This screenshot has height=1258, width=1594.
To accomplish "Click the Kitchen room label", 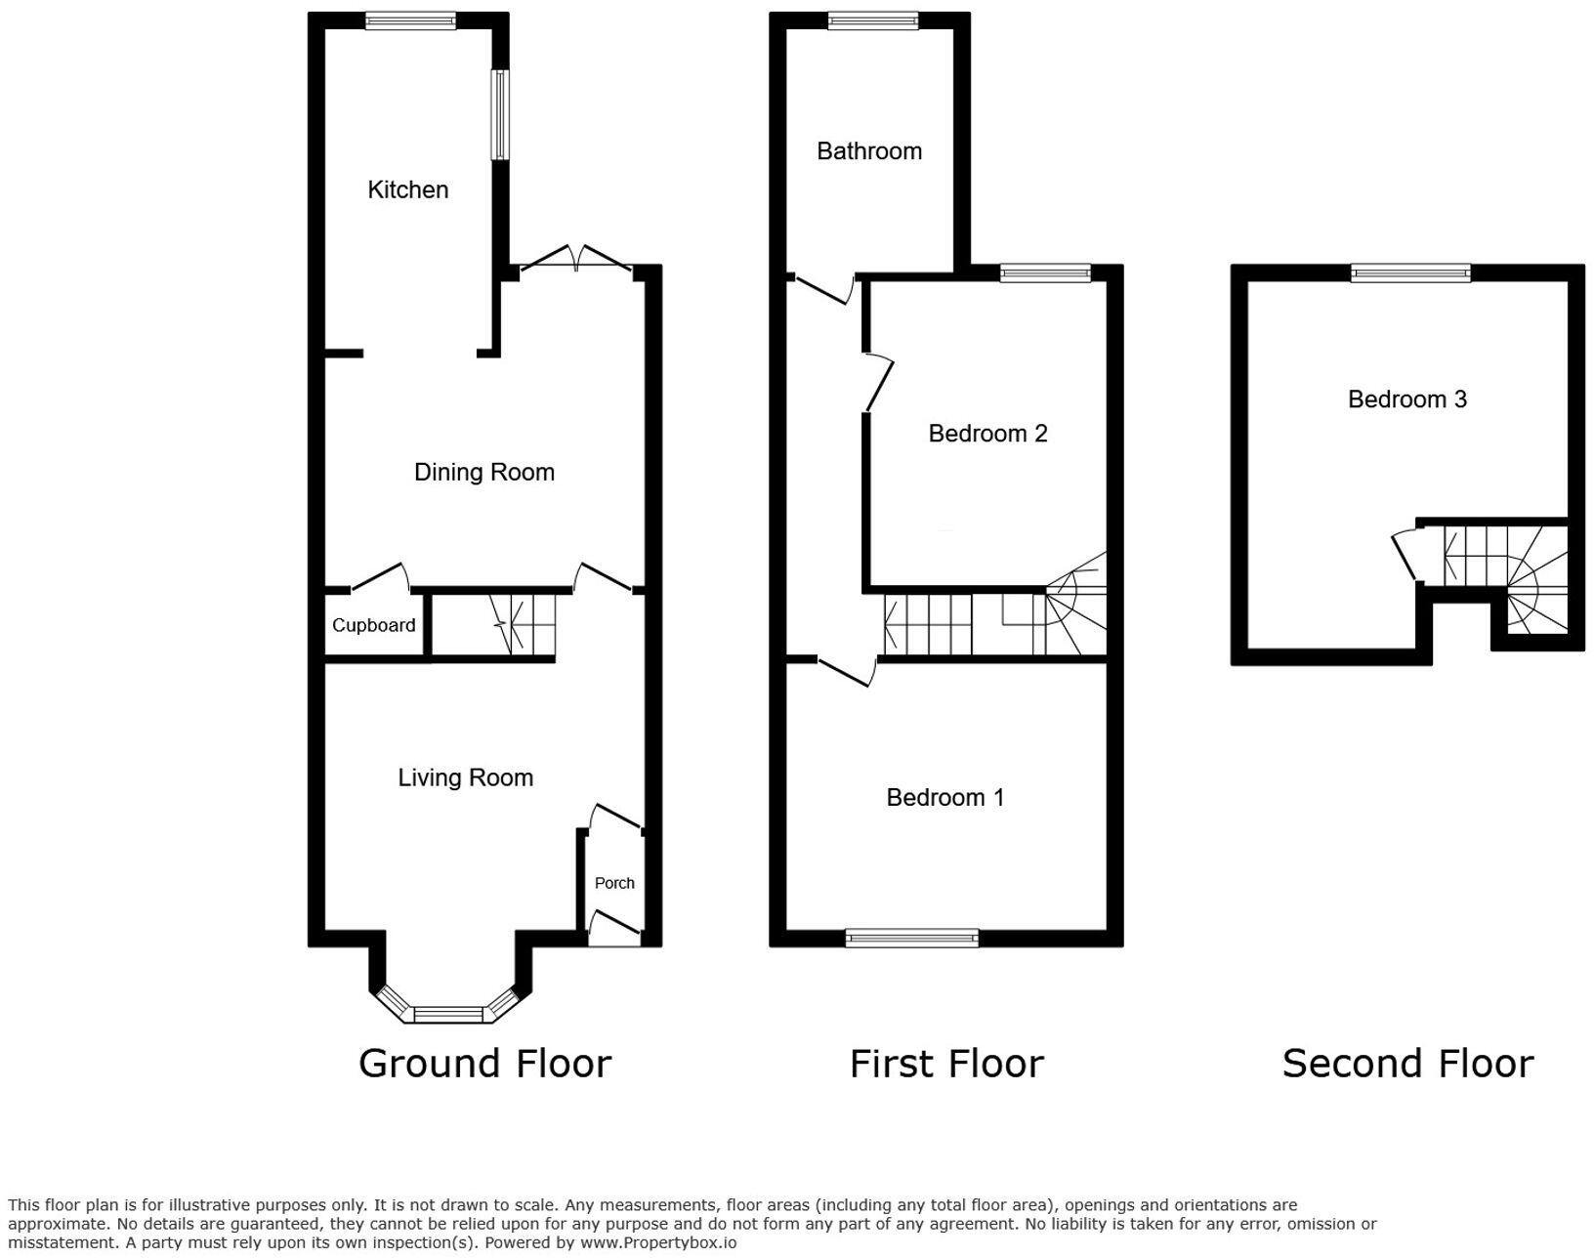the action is [407, 189].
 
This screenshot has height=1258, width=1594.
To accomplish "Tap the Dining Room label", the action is [483, 472].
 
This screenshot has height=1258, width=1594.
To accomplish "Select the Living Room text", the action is [465, 777].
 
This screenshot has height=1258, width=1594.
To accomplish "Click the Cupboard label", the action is [373, 625].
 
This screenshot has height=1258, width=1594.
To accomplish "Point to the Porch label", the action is [614, 883].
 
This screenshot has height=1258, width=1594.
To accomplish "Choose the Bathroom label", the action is [869, 151].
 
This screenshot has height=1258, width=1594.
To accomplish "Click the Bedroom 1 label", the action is [945, 797].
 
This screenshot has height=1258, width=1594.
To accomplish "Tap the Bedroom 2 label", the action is [987, 434].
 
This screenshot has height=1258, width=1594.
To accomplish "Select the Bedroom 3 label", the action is [1406, 399].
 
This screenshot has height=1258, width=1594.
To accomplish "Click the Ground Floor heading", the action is [485, 1064].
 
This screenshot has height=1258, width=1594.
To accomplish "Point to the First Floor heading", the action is [946, 1064].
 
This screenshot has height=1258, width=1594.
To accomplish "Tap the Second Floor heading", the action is [1407, 1064].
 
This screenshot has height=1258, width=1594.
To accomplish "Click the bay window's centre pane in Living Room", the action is [449, 1014].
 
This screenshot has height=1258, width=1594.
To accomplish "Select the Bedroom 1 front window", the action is [912, 939].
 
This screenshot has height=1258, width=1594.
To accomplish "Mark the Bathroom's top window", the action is [873, 21].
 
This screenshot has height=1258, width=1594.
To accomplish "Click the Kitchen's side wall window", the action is [501, 115].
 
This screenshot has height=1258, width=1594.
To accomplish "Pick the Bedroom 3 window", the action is [1411, 273].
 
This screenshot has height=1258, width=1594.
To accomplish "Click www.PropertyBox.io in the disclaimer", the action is [657, 1242].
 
